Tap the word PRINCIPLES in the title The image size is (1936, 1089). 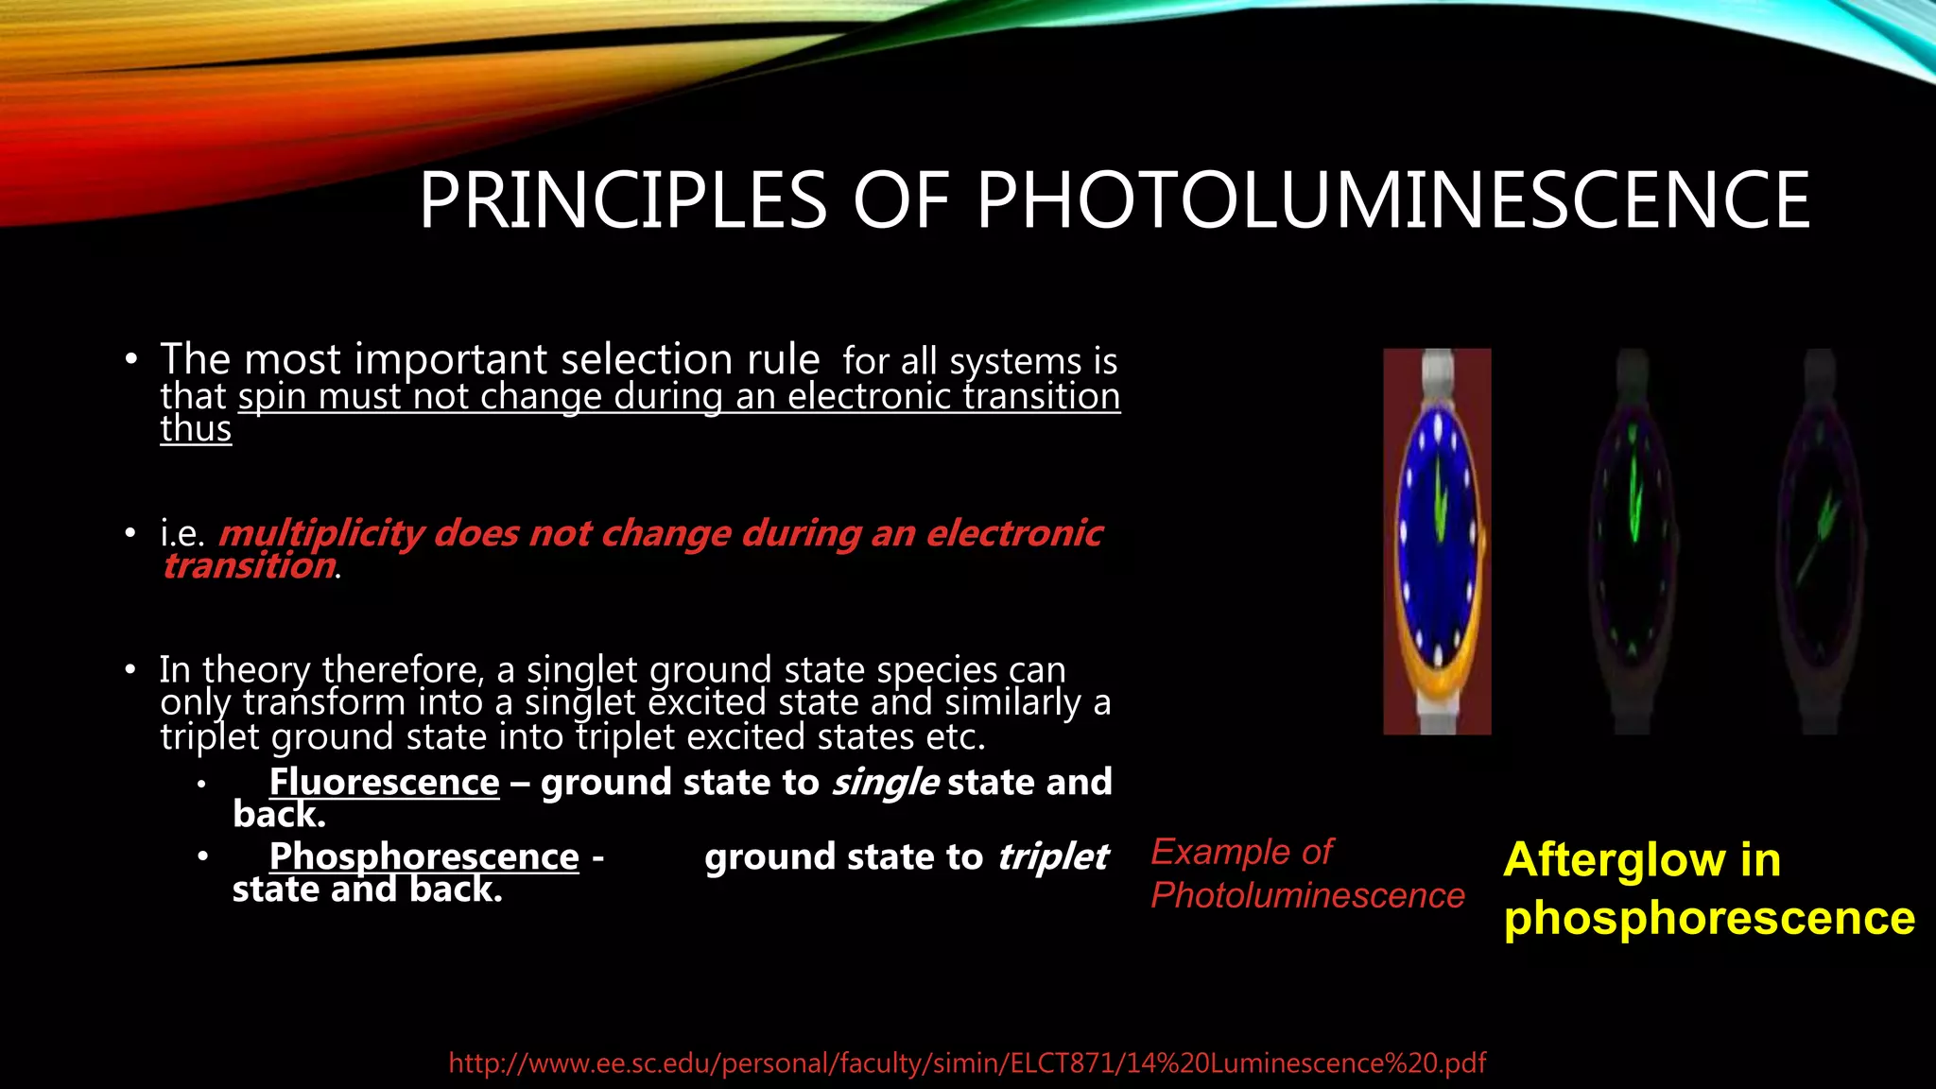click(623, 200)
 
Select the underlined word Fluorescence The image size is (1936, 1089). click(384, 783)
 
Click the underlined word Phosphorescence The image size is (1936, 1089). click(423, 856)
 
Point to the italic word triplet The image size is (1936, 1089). click(1052, 856)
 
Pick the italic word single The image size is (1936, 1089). click(885, 783)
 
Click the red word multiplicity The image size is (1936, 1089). click(321, 534)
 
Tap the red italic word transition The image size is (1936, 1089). click(249, 565)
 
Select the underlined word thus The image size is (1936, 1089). click(196, 429)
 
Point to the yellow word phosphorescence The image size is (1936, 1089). click(1708, 919)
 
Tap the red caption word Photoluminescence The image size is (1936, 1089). click(1306, 895)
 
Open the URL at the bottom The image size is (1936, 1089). click(967, 1063)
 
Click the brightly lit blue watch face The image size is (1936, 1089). click(1437, 539)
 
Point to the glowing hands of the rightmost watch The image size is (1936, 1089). click(1822, 534)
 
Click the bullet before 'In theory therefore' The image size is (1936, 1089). click(130, 670)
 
